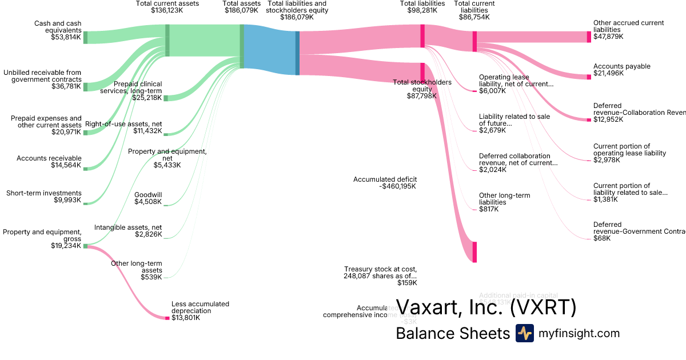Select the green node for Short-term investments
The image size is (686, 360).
(85, 203)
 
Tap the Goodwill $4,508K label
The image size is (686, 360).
(148, 198)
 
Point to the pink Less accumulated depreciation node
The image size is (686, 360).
(167, 318)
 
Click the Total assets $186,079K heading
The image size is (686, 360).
(241, 7)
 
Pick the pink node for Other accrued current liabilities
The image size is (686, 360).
(589, 37)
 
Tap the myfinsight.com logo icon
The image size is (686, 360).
(524, 333)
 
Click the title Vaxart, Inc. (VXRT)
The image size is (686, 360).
(486, 308)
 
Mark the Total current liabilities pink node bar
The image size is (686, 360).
(474, 41)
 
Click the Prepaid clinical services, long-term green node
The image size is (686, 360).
(166, 98)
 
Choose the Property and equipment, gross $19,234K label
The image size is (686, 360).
(42, 239)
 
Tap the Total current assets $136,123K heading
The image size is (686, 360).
(167, 7)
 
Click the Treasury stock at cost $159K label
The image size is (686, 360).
(380, 275)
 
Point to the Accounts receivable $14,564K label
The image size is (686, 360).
(49, 162)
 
